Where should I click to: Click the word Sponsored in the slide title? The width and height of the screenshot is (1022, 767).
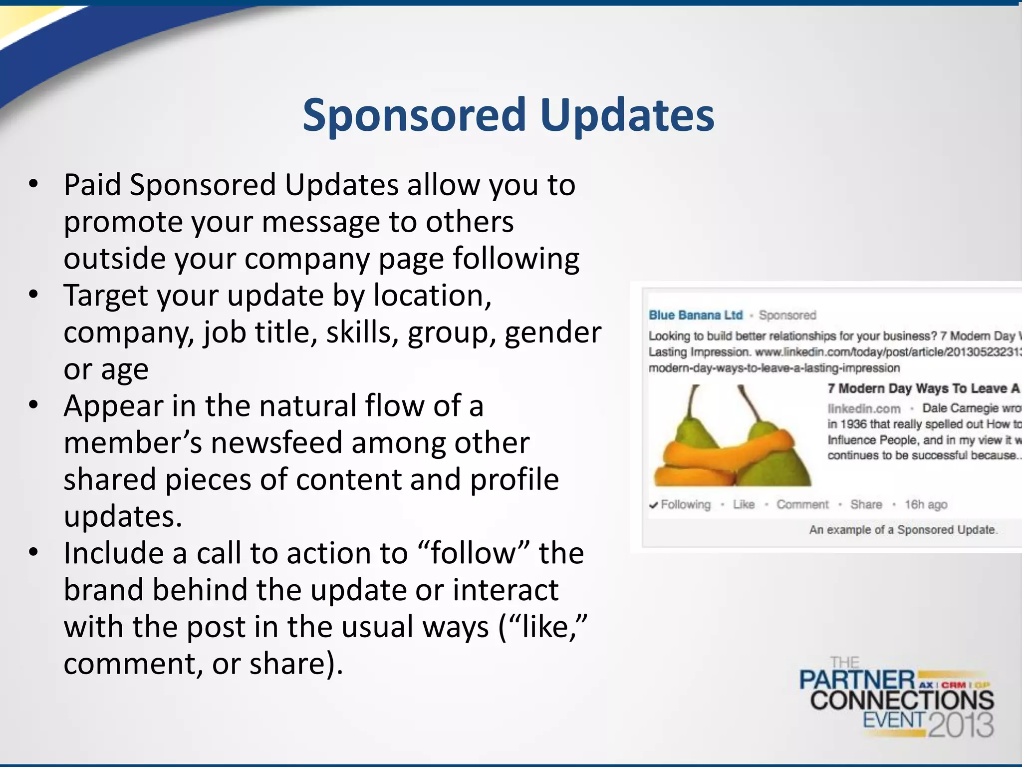click(414, 116)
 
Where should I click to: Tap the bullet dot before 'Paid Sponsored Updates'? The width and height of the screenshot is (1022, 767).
click(33, 184)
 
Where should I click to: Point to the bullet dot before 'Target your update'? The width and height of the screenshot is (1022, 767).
click(33, 295)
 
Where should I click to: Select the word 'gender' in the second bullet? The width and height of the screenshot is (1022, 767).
click(553, 333)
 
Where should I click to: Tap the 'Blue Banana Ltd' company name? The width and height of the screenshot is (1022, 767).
click(695, 315)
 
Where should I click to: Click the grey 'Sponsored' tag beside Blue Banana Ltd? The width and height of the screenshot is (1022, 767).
click(787, 315)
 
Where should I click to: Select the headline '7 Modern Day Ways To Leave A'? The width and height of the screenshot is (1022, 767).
click(923, 388)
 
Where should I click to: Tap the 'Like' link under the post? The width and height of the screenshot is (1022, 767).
click(743, 504)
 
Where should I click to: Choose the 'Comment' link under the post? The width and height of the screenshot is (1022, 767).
click(802, 504)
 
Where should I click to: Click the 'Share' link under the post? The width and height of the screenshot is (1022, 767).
click(866, 504)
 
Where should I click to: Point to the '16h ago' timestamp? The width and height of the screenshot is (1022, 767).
click(926, 504)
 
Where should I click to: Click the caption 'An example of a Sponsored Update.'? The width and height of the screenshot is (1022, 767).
click(903, 530)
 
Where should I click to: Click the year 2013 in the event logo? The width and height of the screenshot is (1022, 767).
click(961, 725)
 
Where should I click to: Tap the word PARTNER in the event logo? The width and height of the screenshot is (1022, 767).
click(856, 681)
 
